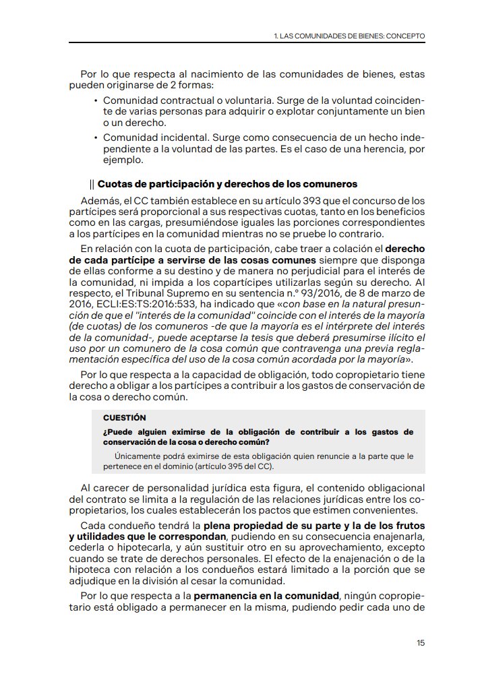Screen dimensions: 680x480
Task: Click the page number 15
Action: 421,642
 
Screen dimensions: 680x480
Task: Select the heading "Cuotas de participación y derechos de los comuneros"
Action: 227,184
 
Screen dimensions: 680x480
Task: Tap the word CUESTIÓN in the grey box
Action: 124,418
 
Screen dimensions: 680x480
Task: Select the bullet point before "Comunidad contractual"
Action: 95,100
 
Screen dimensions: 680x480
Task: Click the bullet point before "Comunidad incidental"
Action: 95,137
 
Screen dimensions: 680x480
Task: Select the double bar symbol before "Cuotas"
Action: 92,184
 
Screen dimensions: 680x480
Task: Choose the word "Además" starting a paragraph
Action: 99,200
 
